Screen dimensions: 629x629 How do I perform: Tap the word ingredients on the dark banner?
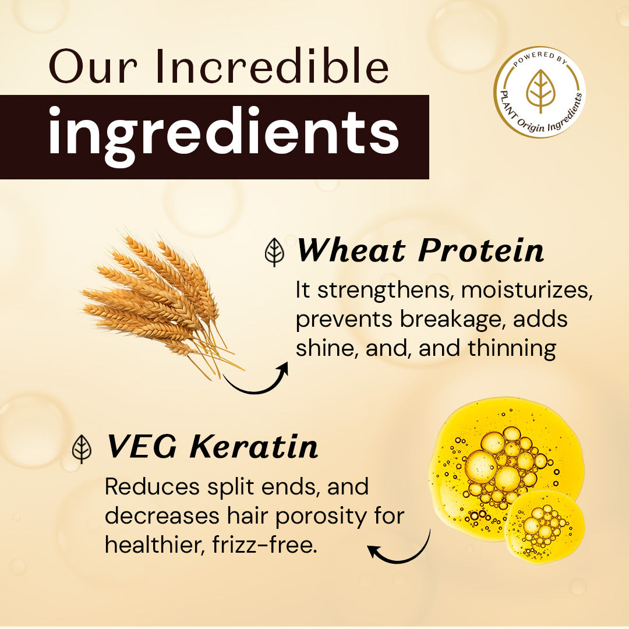pyautogui.click(x=224, y=134)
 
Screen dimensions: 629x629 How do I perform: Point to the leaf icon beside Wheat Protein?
pyautogui.click(x=274, y=252)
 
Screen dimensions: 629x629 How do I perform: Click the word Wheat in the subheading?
pyautogui.click(x=350, y=250)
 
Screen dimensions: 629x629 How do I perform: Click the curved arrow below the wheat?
pyautogui.click(x=256, y=379)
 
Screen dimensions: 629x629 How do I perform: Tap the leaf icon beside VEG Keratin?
pyautogui.click(x=82, y=449)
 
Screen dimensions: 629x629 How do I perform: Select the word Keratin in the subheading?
pyautogui.click(x=255, y=447)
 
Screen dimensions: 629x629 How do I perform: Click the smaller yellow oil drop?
pyautogui.click(x=545, y=526)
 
